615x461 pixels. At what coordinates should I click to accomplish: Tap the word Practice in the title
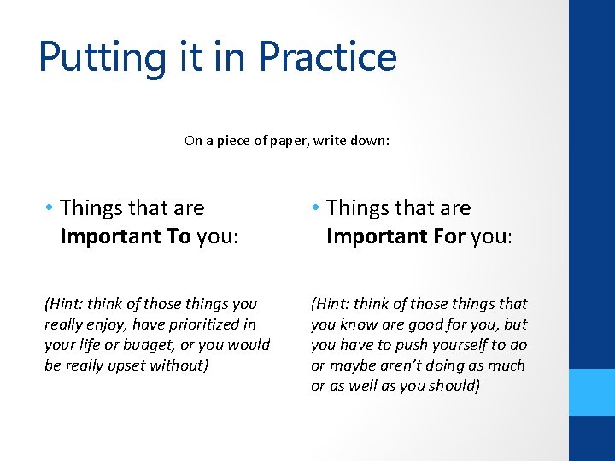click(327, 56)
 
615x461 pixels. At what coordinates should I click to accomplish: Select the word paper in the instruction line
click(298, 141)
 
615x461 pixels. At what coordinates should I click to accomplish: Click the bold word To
click(179, 236)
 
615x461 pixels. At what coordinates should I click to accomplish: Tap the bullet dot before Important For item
click(316, 208)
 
